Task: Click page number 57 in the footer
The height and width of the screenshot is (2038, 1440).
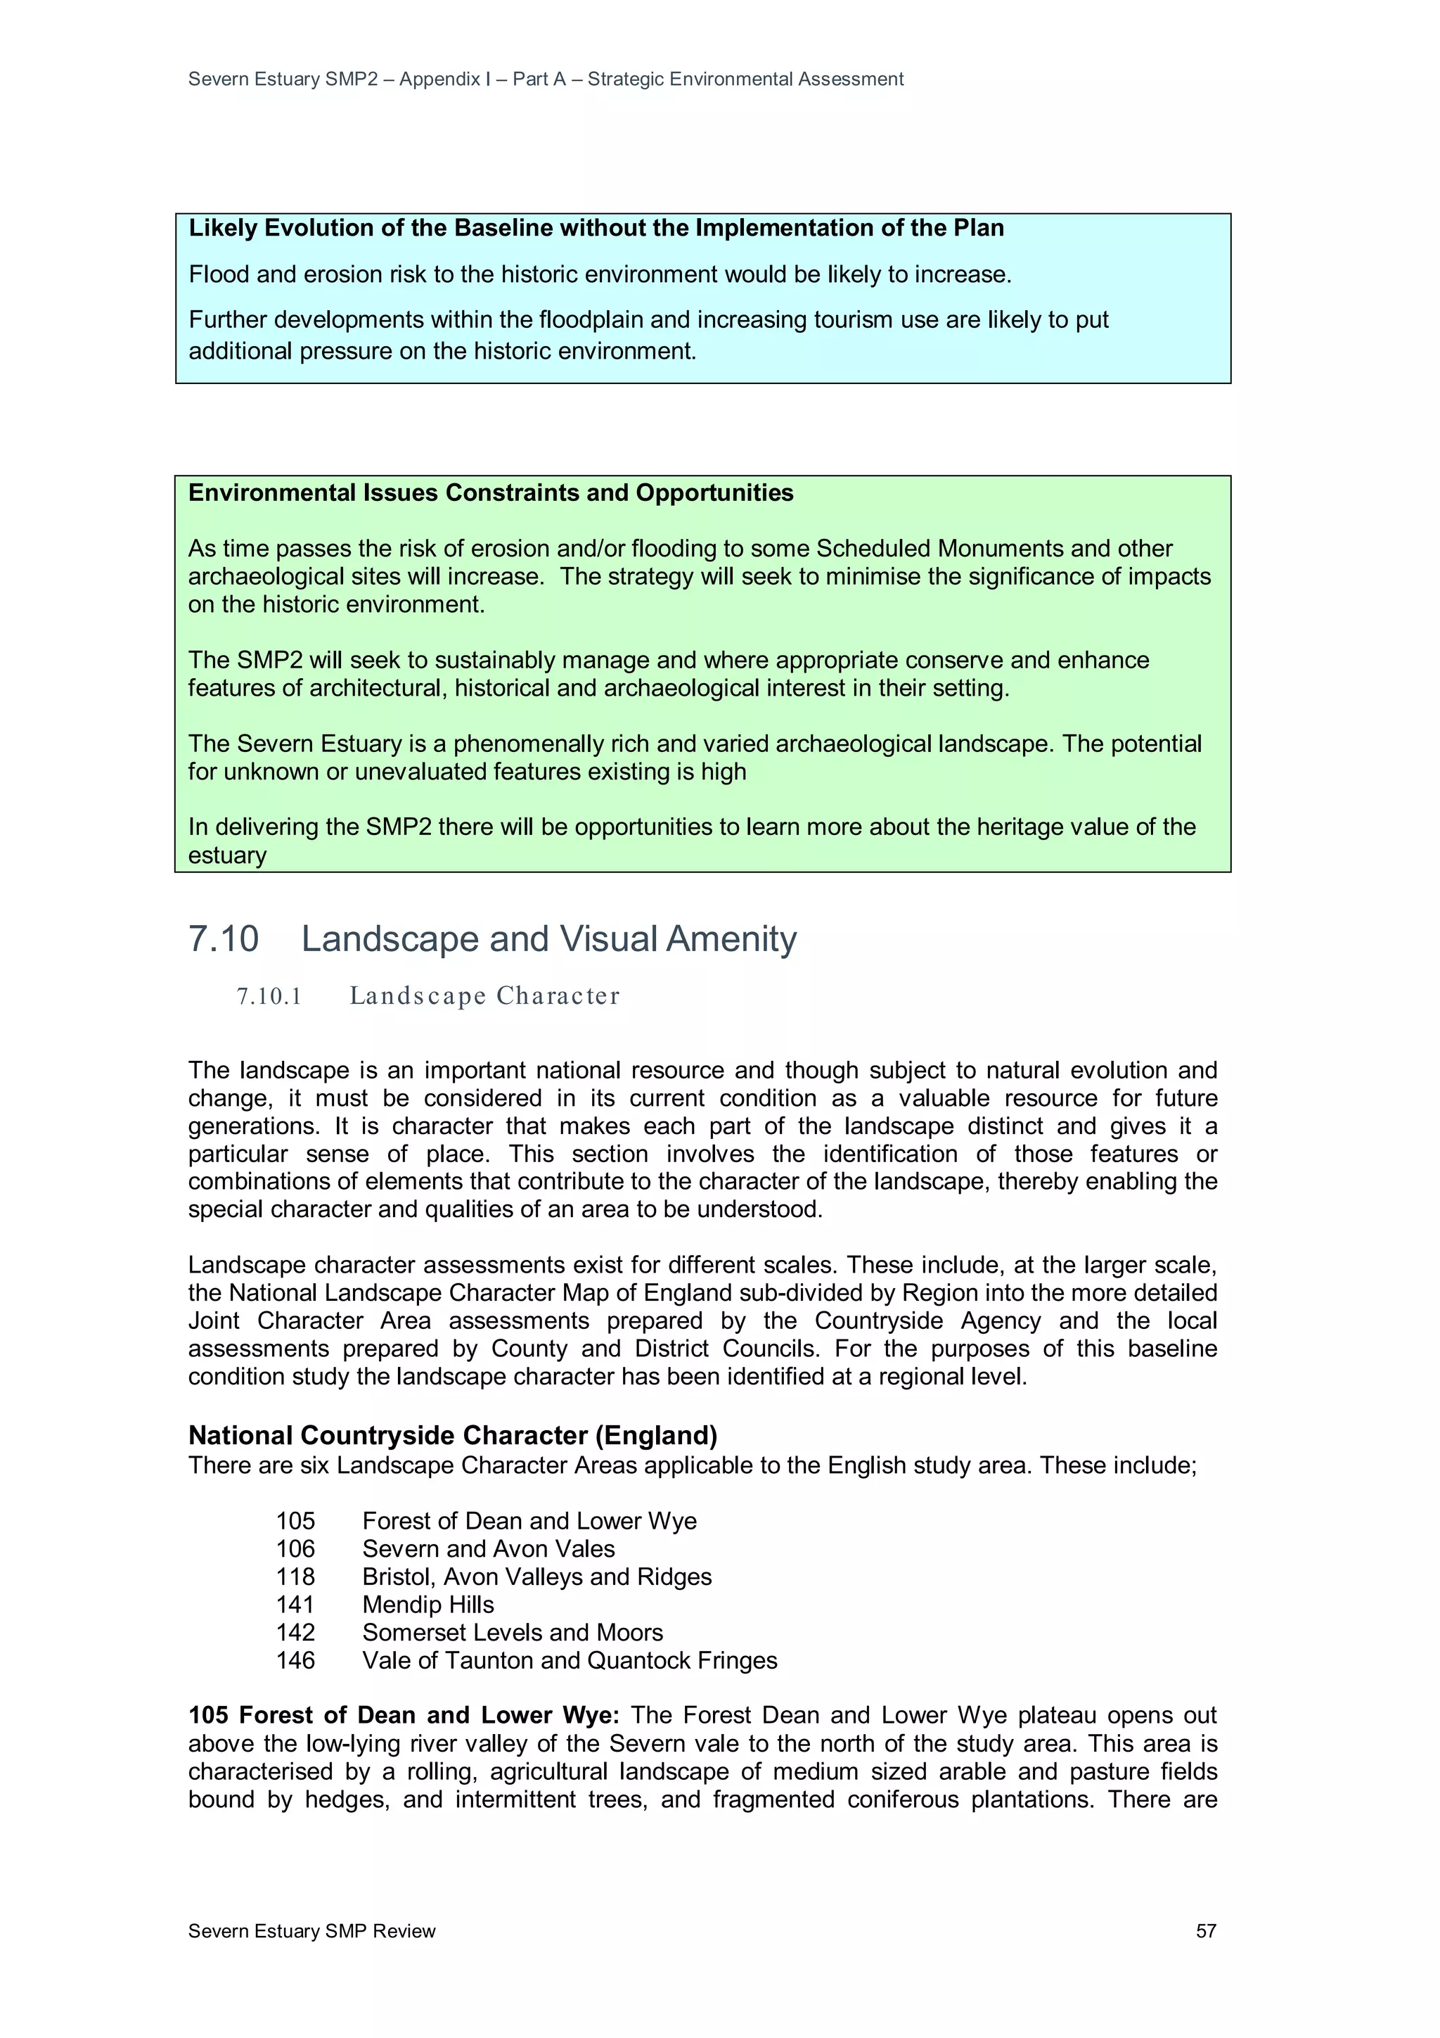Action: pyautogui.click(x=1205, y=1930)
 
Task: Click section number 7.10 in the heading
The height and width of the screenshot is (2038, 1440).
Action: pyautogui.click(x=224, y=939)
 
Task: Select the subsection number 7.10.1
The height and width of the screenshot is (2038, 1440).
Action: pyautogui.click(x=269, y=996)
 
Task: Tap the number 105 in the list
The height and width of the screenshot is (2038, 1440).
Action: pyautogui.click(x=295, y=1520)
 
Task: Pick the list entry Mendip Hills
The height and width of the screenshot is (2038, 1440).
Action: pyautogui.click(x=427, y=1604)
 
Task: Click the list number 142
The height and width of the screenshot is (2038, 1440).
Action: pyautogui.click(x=295, y=1632)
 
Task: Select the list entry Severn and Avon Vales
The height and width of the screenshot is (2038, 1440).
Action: pyautogui.click(x=488, y=1549)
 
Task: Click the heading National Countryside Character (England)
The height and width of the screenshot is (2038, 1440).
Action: pyautogui.click(x=453, y=1435)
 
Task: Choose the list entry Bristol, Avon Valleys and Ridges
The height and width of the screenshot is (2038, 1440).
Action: pyautogui.click(x=536, y=1577)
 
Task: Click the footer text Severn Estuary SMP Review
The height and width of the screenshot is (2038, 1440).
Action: pyautogui.click(x=311, y=1930)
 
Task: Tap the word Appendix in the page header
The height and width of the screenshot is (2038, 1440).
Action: pyautogui.click(x=439, y=79)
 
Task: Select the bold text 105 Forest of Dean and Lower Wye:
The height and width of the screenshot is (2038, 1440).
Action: pyautogui.click(x=404, y=1715)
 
